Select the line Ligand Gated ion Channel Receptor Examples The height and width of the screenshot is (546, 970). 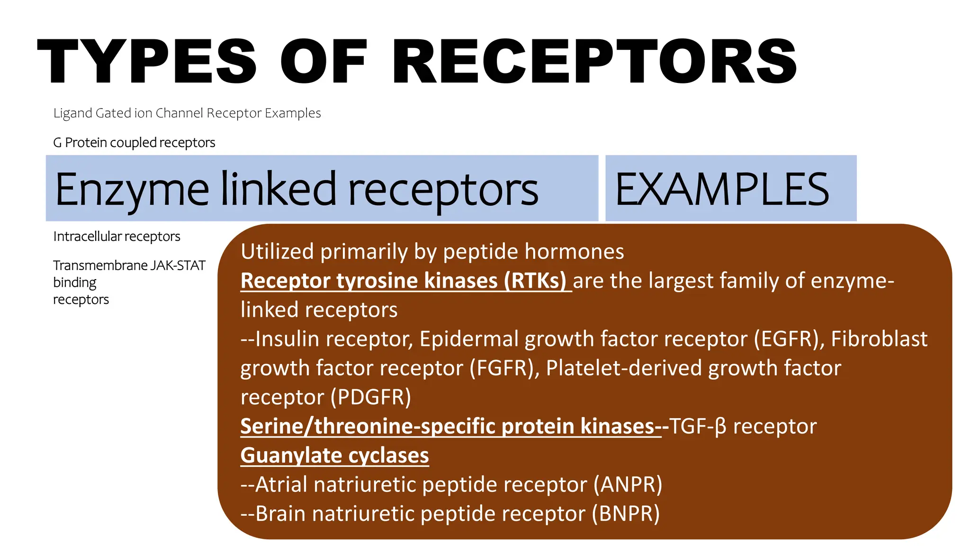[187, 113]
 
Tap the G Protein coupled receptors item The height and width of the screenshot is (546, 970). [134, 143]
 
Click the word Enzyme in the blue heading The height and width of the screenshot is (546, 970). [132, 190]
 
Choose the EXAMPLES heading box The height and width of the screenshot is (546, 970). [730, 189]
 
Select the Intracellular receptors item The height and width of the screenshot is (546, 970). [117, 237]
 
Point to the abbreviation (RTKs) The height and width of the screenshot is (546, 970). [535, 281]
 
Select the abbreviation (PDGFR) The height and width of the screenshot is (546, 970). [371, 397]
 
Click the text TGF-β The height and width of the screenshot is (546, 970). [697, 427]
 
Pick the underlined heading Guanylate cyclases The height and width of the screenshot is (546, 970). [334, 455]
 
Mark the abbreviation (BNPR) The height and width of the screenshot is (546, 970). [626, 514]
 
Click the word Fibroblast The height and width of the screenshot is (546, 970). [879, 339]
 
